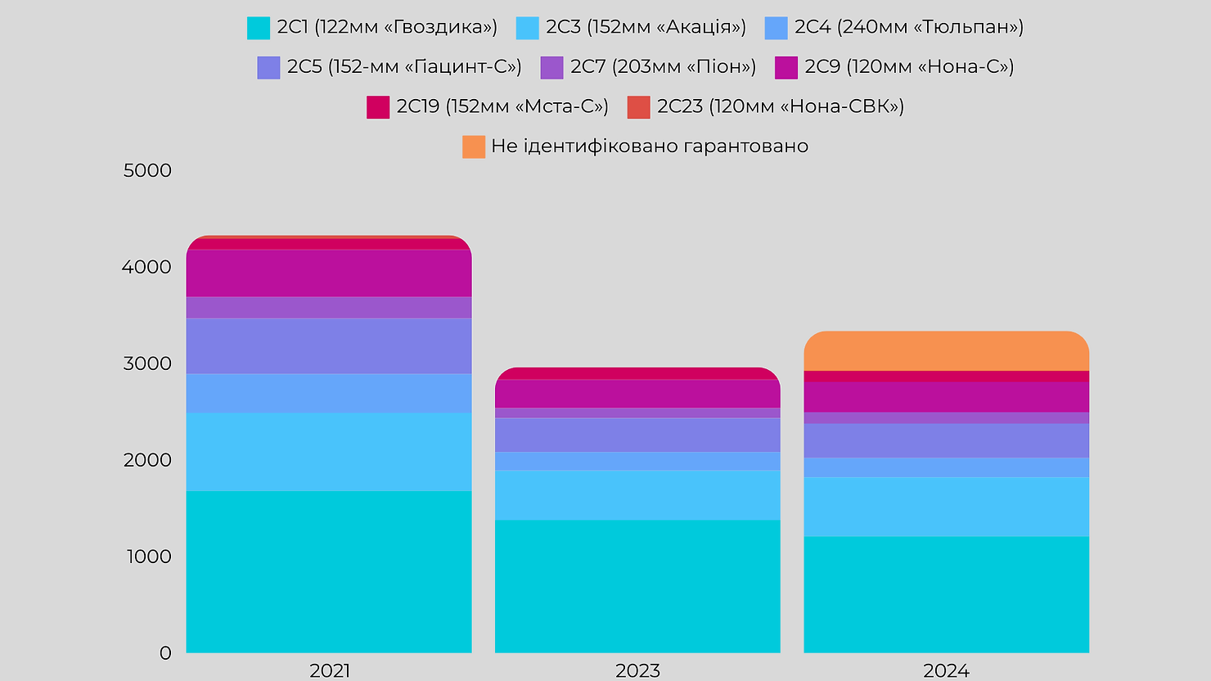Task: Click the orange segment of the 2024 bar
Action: pyautogui.click(x=946, y=351)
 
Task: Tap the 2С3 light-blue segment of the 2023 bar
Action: pyautogui.click(x=637, y=494)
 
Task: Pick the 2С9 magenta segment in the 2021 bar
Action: pyautogui.click(x=329, y=273)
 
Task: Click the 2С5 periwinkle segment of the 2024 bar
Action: pyautogui.click(x=946, y=440)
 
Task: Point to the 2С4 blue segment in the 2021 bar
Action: pyautogui.click(x=329, y=394)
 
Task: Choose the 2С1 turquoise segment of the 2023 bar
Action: pyautogui.click(x=637, y=586)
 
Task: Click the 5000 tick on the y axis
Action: pyautogui.click(x=147, y=170)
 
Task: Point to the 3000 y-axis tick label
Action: pyautogui.click(x=147, y=363)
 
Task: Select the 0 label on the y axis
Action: pyautogui.click(x=165, y=653)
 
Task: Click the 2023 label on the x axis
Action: pyautogui.click(x=637, y=671)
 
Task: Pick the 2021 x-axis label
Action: pyautogui.click(x=329, y=671)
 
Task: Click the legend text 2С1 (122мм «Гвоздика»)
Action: pyautogui.click(x=387, y=27)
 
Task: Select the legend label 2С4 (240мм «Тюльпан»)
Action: pyautogui.click(x=909, y=27)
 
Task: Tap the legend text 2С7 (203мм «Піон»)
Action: pyautogui.click(x=663, y=66)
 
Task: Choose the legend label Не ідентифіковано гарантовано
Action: pyautogui.click(x=650, y=146)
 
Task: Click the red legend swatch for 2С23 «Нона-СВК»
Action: pyautogui.click(x=638, y=107)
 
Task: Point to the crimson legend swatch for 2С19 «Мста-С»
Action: pyautogui.click(x=377, y=107)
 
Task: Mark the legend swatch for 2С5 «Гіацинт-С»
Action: pyautogui.click(x=268, y=67)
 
